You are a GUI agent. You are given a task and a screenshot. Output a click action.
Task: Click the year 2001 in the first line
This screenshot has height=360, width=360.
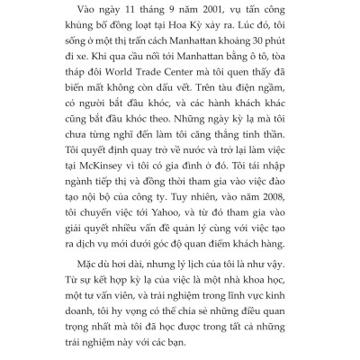click(188, 13)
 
